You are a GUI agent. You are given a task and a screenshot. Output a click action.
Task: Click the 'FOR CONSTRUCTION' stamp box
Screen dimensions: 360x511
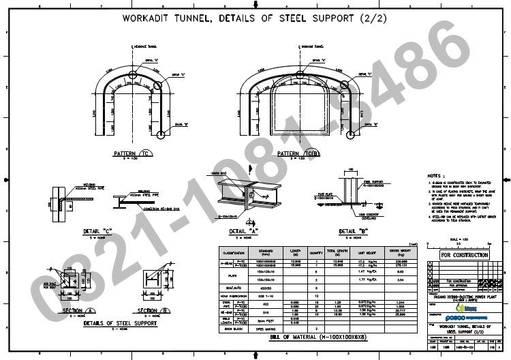465,254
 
